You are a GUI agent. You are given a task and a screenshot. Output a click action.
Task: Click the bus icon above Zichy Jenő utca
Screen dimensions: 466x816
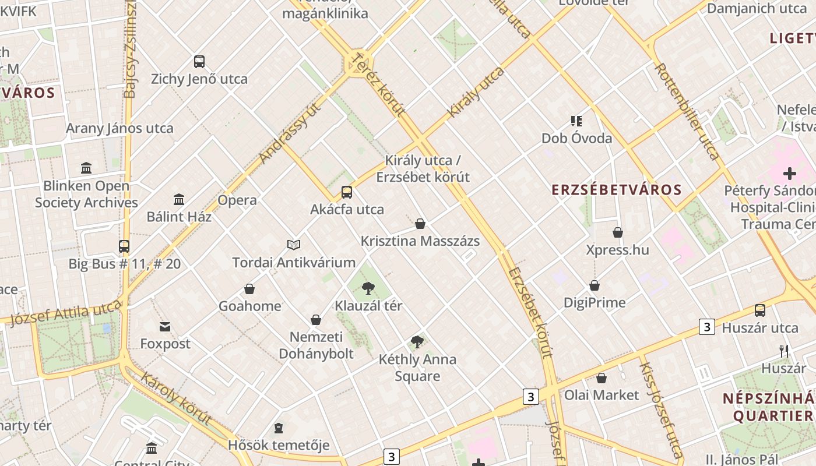(x=199, y=61)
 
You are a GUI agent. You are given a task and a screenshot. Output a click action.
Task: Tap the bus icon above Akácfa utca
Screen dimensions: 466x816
(x=347, y=192)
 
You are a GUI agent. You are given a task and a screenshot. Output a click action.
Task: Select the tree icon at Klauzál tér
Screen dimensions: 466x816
(x=368, y=288)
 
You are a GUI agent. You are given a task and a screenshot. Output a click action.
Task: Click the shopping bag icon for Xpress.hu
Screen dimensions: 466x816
(x=618, y=232)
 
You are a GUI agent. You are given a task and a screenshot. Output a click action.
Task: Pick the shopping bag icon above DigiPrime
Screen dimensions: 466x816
(x=595, y=285)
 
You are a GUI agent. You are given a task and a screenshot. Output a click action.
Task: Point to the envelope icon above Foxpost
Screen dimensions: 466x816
(x=166, y=327)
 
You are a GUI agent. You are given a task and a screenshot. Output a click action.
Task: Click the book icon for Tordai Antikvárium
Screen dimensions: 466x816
(x=294, y=245)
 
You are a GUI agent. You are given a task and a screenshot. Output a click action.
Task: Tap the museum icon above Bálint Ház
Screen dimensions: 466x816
(x=179, y=200)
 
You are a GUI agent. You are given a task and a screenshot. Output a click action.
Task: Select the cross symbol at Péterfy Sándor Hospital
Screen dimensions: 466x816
(x=790, y=173)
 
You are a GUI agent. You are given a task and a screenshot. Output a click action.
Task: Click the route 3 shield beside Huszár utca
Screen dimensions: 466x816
(x=707, y=327)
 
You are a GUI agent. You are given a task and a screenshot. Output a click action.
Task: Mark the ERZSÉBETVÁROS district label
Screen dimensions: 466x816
(x=617, y=190)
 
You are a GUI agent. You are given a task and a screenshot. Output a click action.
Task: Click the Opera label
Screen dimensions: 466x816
(x=237, y=200)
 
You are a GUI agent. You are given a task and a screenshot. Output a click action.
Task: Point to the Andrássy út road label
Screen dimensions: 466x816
(x=290, y=133)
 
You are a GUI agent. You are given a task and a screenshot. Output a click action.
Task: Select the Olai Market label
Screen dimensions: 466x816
(x=602, y=395)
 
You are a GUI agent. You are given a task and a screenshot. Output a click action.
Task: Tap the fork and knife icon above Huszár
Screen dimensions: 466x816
(x=784, y=351)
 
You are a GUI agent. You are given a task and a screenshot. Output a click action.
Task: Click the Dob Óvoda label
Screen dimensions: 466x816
(x=577, y=138)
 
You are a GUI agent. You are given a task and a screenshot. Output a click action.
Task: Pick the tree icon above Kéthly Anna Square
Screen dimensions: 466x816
(x=417, y=342)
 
